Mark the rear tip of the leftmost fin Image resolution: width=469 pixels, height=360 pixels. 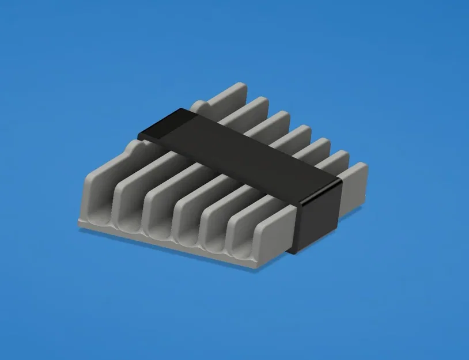click(x=236, y=90)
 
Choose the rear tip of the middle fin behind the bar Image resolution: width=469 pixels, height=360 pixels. click(x=300, y=131)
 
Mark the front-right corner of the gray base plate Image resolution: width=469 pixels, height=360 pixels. click(x=254, y=268)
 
